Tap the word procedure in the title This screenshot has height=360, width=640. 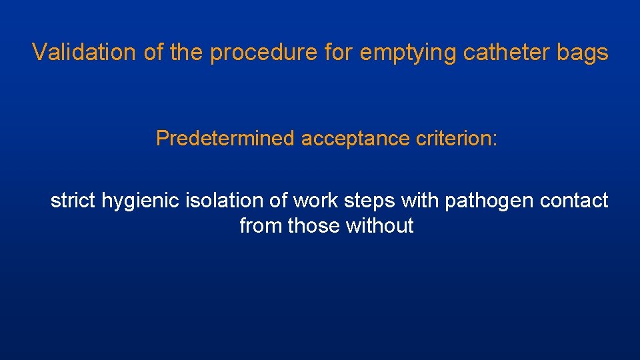[x=263, y=52]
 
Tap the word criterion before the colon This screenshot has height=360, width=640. [x=454, y=139]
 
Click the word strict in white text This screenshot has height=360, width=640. [x=73, y=200]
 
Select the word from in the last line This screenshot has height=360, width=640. [x=261, y=226]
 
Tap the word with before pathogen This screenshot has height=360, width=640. [x=421, y=200]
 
